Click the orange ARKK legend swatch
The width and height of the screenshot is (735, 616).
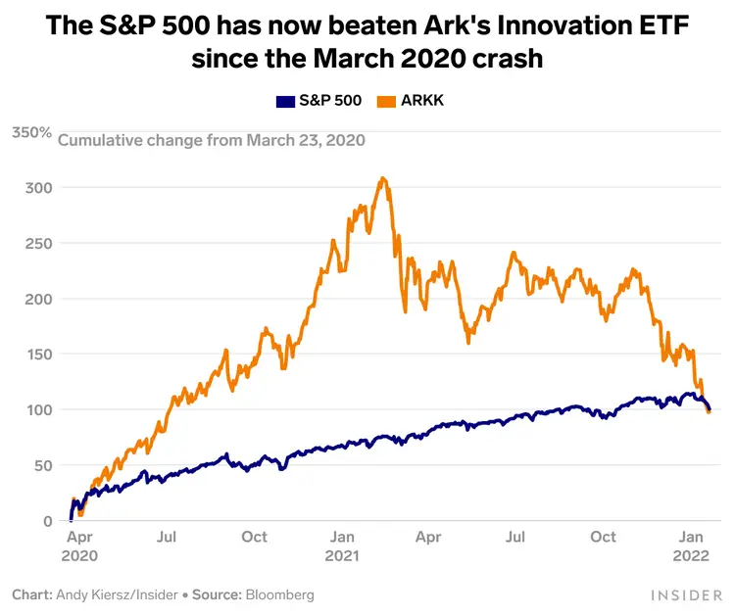click(388, 101)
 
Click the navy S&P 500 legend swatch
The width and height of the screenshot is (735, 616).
click(285, 101)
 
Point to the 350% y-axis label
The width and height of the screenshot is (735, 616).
click(31, 131)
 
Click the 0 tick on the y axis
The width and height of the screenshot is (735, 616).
click(46, 521)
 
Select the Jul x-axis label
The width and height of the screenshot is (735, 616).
click(167, 537)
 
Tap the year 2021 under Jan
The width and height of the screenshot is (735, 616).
click(342, 555)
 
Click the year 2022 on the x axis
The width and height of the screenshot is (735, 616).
click(692, 555)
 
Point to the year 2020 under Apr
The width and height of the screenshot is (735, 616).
click(79, 555)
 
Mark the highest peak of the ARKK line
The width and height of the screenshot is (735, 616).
click(383, 178)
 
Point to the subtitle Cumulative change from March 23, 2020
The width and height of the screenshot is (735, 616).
click(212, 140)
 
